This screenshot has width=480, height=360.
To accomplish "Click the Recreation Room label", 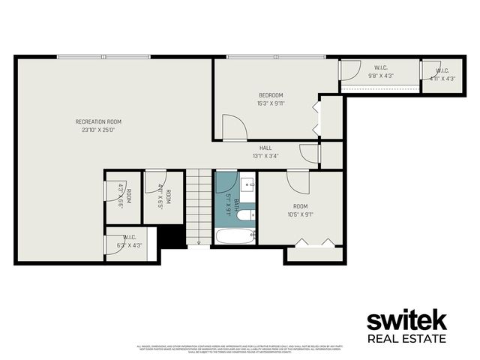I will (x=98, y=121).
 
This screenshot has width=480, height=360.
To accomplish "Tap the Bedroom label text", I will (x=271, y=94).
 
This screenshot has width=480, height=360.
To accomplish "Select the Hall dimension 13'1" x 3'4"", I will (x=265, y=157).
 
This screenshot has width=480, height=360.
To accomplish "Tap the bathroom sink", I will (x=248, y=184).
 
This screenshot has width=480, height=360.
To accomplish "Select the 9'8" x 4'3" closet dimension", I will (x=381, y=76).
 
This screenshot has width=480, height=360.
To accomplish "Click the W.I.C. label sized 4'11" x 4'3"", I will (x=443, y=70).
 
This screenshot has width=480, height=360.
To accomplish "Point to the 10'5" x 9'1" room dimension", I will (x=300, y=214).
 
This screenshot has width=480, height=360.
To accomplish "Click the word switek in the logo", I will (x=406, y=320).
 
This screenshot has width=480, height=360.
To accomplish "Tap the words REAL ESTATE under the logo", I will (x=406, y=339).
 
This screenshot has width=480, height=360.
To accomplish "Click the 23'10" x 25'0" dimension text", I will (x=98, y=130).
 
